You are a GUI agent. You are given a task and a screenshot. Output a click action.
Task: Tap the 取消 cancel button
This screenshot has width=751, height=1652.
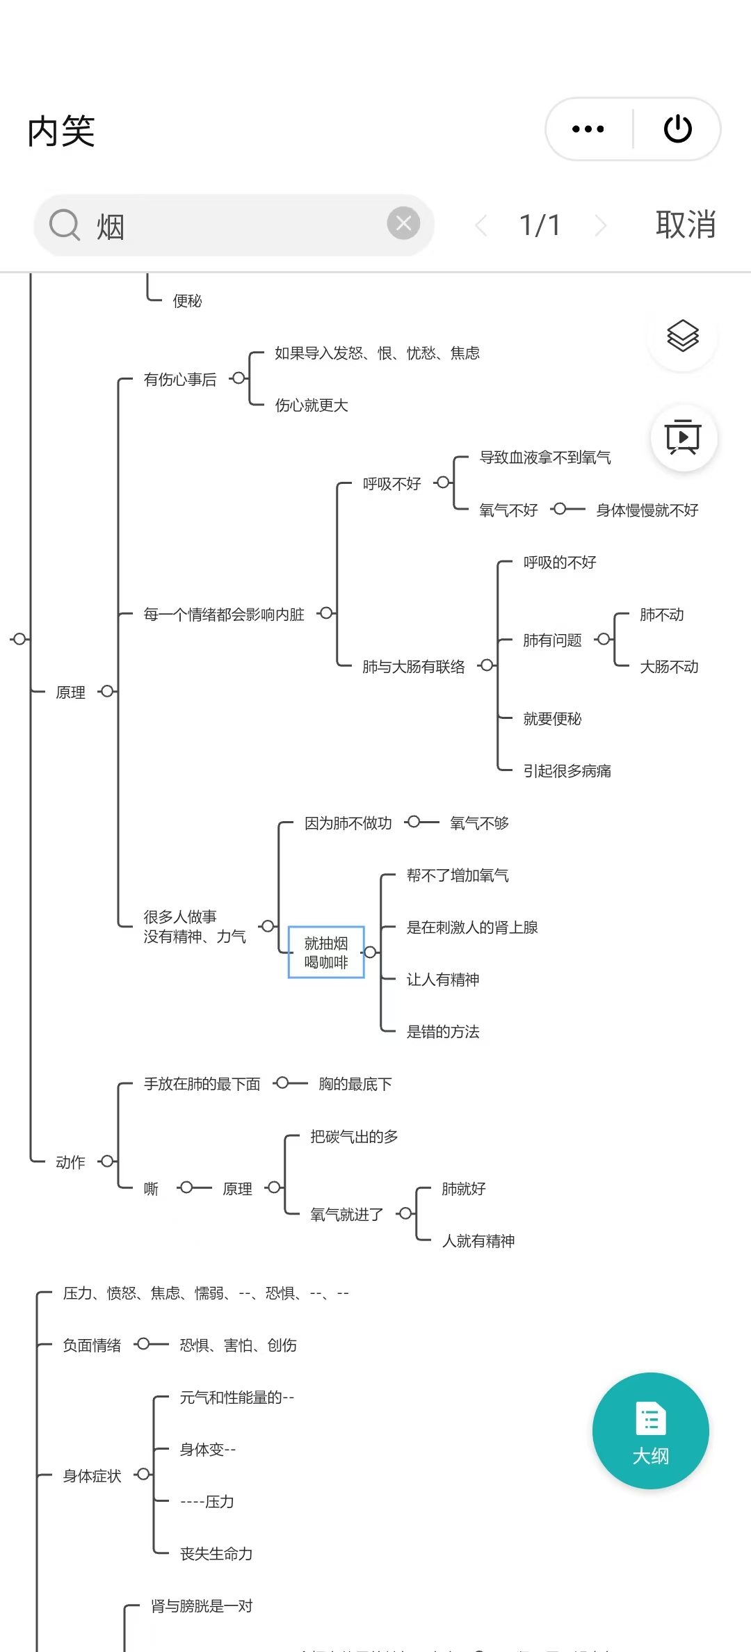coord(686,225)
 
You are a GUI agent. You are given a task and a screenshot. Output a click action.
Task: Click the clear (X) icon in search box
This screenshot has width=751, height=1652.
coord(403,224)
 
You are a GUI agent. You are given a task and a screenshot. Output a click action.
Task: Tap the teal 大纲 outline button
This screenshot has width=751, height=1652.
coord(650,1431)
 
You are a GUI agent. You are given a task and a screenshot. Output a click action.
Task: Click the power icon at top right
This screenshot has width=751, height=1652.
coord(678,129)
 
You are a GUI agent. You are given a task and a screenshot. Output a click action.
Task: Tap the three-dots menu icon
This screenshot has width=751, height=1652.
coord(588,129)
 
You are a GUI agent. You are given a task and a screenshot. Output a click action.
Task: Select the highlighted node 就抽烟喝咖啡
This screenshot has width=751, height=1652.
coord(326,953)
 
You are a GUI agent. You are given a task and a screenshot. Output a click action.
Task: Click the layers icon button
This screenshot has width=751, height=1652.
coord(683,337)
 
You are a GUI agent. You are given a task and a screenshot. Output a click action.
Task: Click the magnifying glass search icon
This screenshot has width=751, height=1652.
coord(65,225)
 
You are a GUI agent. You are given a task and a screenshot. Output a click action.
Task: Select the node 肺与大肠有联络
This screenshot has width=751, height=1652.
coord(414,667)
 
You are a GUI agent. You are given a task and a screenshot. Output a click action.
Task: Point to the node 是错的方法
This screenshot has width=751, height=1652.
coord(443,1032)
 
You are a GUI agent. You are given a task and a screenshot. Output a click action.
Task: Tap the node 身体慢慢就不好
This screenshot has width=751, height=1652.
coord(647,510)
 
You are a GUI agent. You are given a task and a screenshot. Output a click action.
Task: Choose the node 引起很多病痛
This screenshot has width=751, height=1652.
coord(567,771)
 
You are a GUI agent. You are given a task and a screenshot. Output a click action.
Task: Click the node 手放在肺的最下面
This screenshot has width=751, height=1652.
coord(202,1084)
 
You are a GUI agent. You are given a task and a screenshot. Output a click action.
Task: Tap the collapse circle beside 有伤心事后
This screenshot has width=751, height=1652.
coord(239,378)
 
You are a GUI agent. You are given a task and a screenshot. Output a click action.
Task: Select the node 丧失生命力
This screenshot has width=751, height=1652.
coord(216,1554)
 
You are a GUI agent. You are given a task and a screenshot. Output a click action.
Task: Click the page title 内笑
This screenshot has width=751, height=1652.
coord(61,131)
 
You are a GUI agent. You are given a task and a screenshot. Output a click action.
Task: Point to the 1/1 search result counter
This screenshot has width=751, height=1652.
coord(540,225)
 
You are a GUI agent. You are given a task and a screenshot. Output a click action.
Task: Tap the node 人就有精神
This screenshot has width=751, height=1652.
coord(478,1241)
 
